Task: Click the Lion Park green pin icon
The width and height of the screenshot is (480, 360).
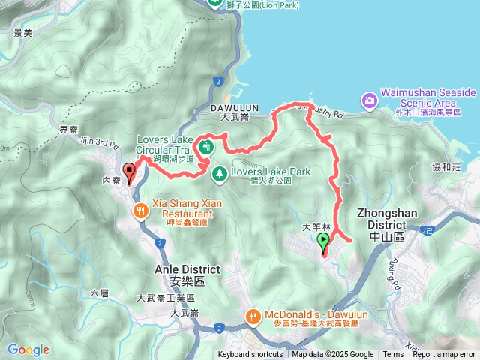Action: coord(215,4)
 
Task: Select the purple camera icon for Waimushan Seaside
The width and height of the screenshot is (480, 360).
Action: coord(369,100)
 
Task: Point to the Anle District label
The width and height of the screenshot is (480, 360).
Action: coord(187,269)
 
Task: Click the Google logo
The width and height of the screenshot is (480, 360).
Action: coord(28,349)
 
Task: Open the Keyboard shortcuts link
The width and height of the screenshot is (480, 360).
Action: coord(250,355)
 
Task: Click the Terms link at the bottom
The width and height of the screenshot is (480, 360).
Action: coord(393,355)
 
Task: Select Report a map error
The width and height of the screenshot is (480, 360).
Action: coord(444,355)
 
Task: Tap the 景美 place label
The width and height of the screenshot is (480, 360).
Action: coord(23,34)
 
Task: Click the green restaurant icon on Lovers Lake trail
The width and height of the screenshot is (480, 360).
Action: coord(206,145)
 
